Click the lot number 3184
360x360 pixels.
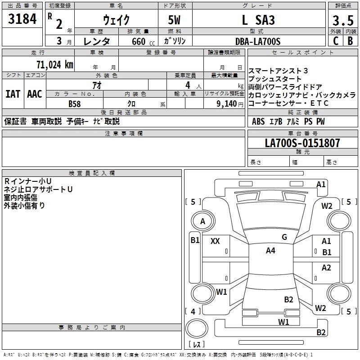tap(22, 20)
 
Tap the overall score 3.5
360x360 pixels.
tap(342, 20)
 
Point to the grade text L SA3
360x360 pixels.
tap(258, 20)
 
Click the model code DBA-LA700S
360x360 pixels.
tap(258, 41)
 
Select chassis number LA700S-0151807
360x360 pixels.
tap(302, 143)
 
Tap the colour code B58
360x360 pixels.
tap(75, 104)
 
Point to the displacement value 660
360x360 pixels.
tap(138, 41)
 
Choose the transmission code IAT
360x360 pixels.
tap(13, 94)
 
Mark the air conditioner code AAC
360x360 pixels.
tap(34, 94)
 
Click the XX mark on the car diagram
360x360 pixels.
tap(215, 241)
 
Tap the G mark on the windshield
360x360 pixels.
tap(284, 237)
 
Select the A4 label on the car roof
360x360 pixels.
tap(270, 251)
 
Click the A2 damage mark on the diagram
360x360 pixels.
tap(326, 268)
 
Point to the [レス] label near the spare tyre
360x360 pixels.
tap(196, 345)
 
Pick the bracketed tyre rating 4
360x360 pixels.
tap(193, 311)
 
